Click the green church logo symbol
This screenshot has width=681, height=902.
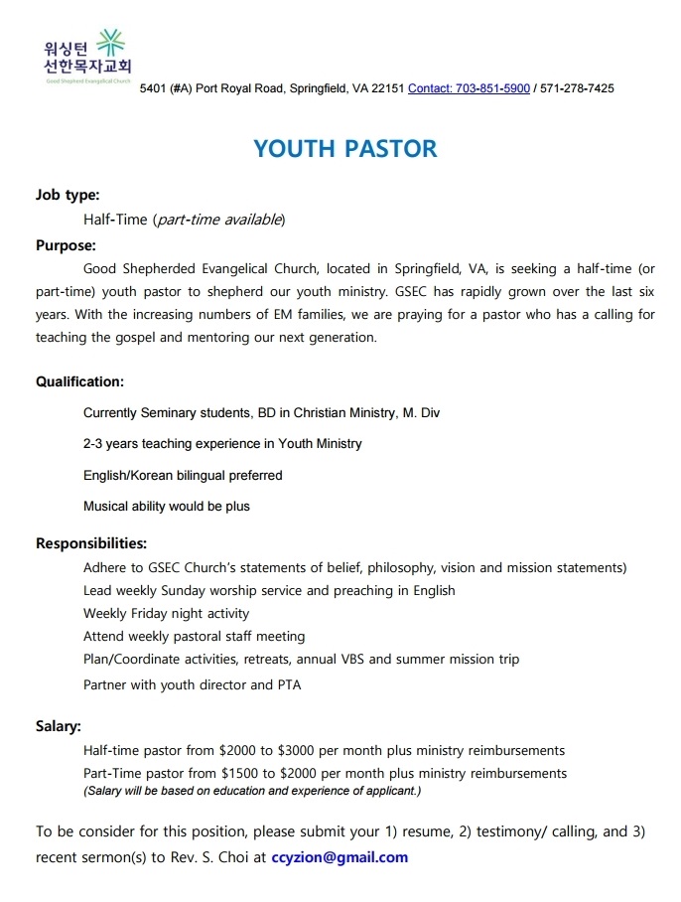(112, 46)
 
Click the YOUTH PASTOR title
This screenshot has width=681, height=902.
(344, 149)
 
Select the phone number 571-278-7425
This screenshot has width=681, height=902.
(577, 88)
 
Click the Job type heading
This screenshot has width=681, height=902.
(68, 195)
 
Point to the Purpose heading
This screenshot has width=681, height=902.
(66, 244)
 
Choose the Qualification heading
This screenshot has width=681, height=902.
(79, 381)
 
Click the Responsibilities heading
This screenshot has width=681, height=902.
(91, 543)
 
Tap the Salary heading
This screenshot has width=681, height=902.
(59, 726)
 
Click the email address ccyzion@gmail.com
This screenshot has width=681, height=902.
(340, 857)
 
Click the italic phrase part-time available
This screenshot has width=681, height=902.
(220, 220)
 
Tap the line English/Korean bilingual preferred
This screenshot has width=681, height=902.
(183, 476)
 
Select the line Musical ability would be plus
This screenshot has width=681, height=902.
(167, 507)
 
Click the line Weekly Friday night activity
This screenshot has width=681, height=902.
(166, 614)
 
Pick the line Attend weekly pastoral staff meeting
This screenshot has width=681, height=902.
(194, 636)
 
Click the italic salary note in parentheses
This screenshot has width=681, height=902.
(252, 791)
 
